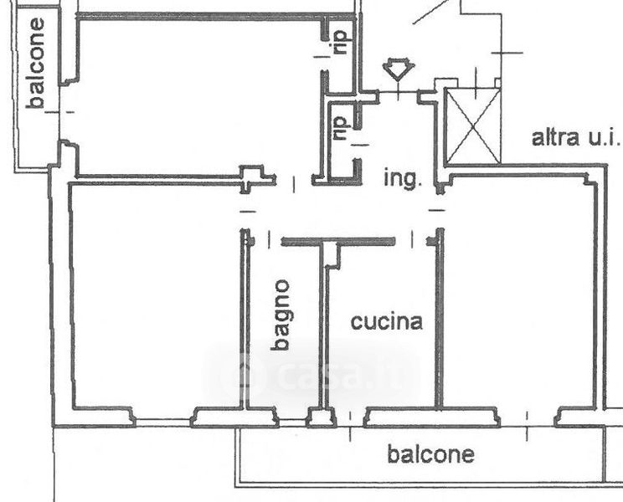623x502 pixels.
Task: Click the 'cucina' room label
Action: pos(387,321)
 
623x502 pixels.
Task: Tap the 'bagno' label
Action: pos(281,315)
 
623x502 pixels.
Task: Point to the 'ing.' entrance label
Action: pos(403,178)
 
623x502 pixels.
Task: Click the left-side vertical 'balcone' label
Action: pos(36,64)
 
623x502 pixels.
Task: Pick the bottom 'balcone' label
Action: pos(430,454)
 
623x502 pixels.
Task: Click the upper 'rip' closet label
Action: pos(342,43)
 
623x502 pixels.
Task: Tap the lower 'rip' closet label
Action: pos(342,128)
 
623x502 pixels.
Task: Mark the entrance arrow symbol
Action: pos(399,69)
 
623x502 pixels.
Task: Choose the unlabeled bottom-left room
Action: pos(157,295)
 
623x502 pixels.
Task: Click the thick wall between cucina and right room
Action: pos(440,318)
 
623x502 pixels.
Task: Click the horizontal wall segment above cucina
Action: pos(338,241)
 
